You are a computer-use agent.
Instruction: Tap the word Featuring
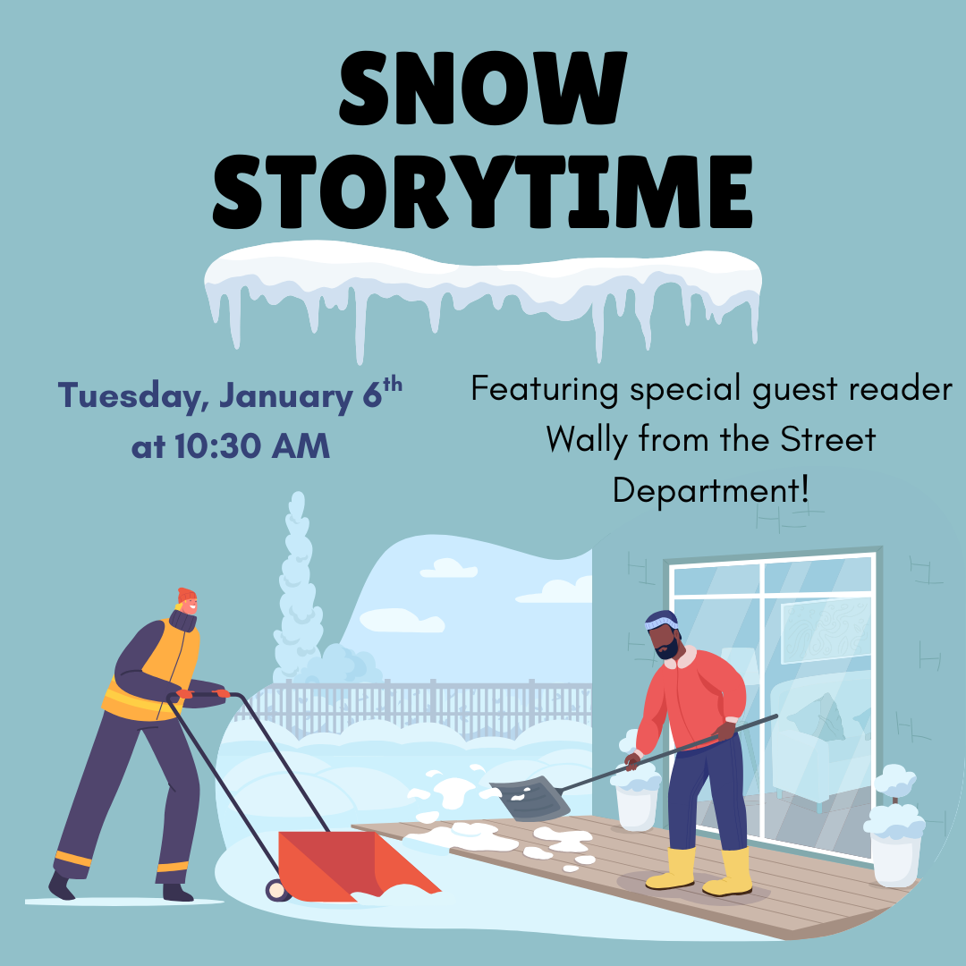545,390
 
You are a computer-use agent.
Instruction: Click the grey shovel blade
529,799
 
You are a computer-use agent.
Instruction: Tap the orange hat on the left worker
186,596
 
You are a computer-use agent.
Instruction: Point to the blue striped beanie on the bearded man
661,621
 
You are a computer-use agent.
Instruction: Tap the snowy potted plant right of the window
894,832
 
